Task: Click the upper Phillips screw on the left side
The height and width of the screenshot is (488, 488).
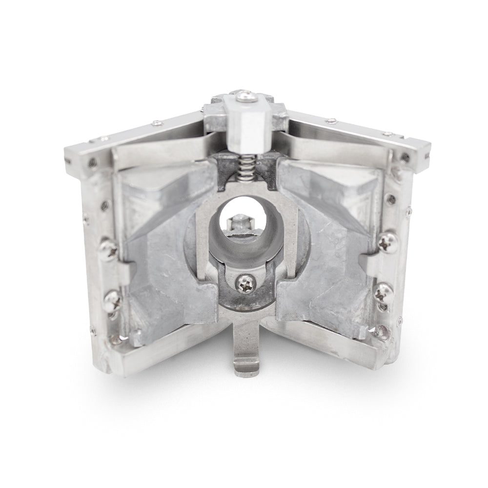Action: tap(108, 250)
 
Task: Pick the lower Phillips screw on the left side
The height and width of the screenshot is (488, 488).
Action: tap(112, 297)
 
